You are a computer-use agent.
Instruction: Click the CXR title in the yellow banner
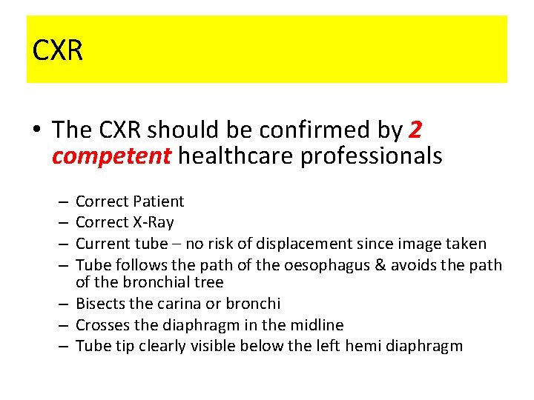[58, 50]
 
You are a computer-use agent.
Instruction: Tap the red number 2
[416, 130]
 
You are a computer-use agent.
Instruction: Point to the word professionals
[372, 156]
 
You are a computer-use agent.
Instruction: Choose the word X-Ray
[153, 222]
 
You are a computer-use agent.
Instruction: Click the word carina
[192, 304]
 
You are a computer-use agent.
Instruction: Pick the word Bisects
[99, 304]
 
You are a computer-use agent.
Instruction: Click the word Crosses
[101, 324]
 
